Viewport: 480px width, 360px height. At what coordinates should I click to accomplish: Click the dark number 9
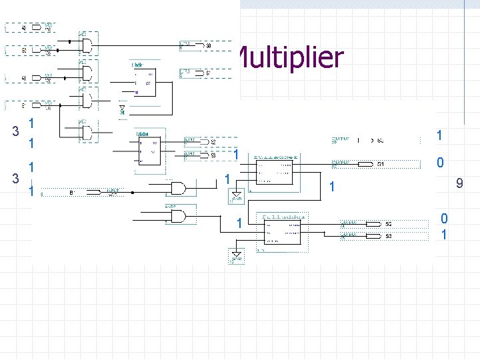tap(459, 183)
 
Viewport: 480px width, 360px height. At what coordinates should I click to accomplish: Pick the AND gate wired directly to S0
tap(87, 45)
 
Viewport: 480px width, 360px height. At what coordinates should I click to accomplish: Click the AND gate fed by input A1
tap(87, 71)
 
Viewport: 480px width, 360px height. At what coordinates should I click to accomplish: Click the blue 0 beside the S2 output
tap(444, 219)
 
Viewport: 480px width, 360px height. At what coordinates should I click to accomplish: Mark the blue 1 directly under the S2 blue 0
tap(444, 235)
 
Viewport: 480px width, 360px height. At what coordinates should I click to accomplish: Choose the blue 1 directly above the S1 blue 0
tap(439, 135)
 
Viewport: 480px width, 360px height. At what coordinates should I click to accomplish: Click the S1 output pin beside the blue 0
tap(370, 163)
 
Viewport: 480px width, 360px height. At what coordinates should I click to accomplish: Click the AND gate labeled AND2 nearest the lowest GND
tap(178, 215)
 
